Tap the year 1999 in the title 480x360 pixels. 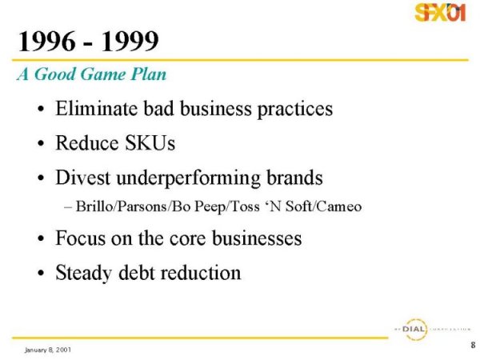130,41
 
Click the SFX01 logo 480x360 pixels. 440,12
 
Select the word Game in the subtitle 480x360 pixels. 103,74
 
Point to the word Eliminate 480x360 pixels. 96,108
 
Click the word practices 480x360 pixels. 294,110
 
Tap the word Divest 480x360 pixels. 82,178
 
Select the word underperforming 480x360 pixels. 188,178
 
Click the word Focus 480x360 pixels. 80,238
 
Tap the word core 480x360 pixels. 188,239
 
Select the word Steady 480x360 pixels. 83,273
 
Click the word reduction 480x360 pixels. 201,273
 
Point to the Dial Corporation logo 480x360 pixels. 432,330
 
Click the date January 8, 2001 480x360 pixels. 48,350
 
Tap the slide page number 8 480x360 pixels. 473,345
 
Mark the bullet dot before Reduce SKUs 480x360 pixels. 41,143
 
